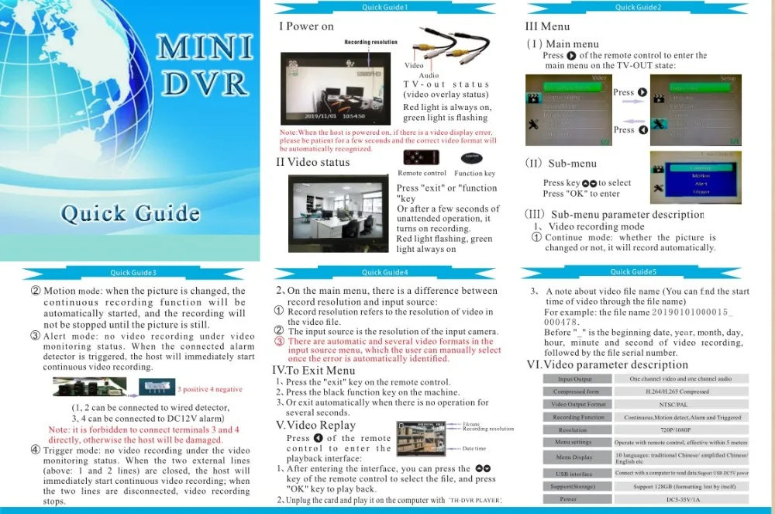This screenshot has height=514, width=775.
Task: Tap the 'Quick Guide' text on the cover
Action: [130, 212]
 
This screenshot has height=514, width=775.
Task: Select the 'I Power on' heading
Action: [306, 26]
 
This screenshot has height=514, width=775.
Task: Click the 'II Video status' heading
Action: [313, 162]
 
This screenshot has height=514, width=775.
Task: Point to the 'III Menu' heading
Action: [547, 26]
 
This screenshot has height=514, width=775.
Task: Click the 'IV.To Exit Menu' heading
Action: [314, 371]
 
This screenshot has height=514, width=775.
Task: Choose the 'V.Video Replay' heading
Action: [315, 425]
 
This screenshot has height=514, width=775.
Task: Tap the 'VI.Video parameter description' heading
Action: [607, 364]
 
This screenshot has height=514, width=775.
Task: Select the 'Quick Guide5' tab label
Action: [633, 272]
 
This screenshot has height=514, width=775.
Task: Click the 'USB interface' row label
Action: [573, 474]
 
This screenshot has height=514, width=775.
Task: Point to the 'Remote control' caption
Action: [422, 174]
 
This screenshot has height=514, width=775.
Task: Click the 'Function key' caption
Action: [474, 174]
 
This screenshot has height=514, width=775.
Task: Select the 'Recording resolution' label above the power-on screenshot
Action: [370, 43]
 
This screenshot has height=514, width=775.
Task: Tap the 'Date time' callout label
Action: [474, 449]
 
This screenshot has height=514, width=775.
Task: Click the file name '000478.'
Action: [563, 322]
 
